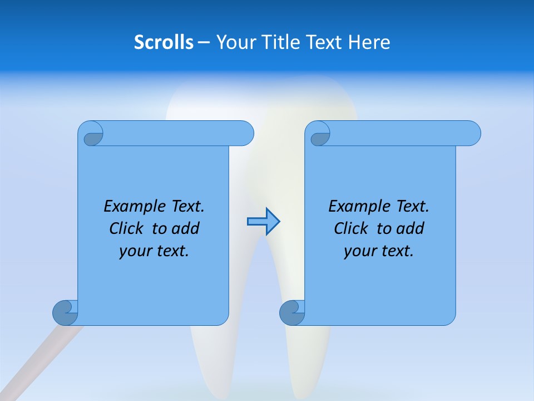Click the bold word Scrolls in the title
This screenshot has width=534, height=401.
[164, 42]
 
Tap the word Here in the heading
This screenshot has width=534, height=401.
[369, 42]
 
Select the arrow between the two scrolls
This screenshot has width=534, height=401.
[263, 222]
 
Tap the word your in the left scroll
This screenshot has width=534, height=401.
[133, 251]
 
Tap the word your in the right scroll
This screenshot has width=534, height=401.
[358, 251]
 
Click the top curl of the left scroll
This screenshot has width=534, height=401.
[92, 135]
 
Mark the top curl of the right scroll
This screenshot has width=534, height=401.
[319, 135]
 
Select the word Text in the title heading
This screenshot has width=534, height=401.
[324, 42]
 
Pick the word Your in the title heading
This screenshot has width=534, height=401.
[235, 42]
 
